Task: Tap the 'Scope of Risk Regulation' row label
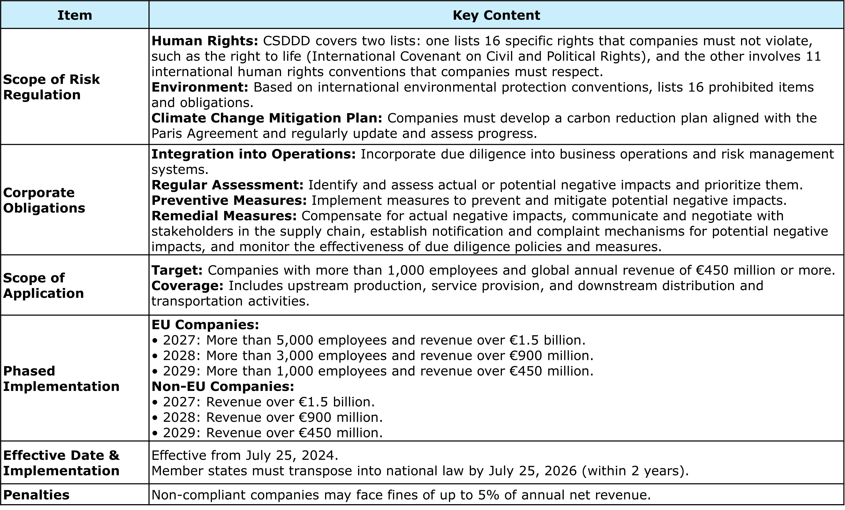pyautogui.click(x=52, y=87)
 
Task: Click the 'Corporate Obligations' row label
pyautogui.click(x=44, y=200)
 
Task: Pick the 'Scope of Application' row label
pyautogui.click(x=43, y=285)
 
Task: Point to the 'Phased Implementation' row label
pyautogui.click(x=61, y=379)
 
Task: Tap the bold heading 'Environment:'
pyautogui.click(x=200, y=87)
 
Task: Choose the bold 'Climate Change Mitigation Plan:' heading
pyautogui.click(x=267, y=118)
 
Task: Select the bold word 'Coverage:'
pyautogui.click(x=188, y=286)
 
